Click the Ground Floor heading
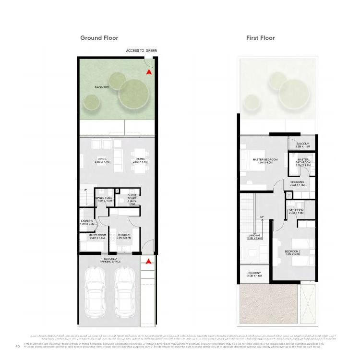click(99, 38)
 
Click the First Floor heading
click(260, 38)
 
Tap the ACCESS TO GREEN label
click(141, 51)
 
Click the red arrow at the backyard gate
click(149, 72)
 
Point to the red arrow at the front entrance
click(149, 262)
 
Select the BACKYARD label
click(102, 88)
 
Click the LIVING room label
click(102, 160)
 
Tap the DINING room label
click(140, 160)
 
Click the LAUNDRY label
click(87, 222)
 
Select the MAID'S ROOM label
click(97, 236)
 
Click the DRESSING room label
click(297, 183)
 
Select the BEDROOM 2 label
click(292, 253)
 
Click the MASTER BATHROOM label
click(303, 161)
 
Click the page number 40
click(17, 346)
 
